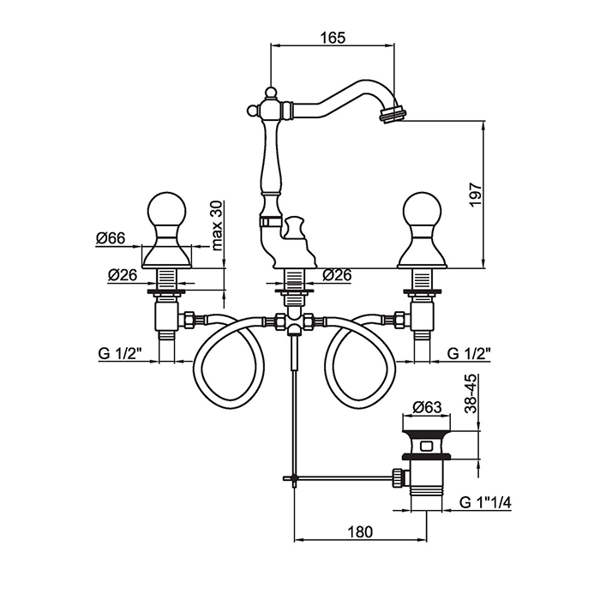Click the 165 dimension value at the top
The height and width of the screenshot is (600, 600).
click(333, 37)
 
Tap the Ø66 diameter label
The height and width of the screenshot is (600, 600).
click(113, 239)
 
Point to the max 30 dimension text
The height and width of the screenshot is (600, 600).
click(216, 225)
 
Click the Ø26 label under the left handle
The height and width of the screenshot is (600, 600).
click(124, 275)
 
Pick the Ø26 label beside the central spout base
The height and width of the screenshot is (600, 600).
click(342, 275)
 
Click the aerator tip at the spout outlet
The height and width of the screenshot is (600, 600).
click(394, 112)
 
